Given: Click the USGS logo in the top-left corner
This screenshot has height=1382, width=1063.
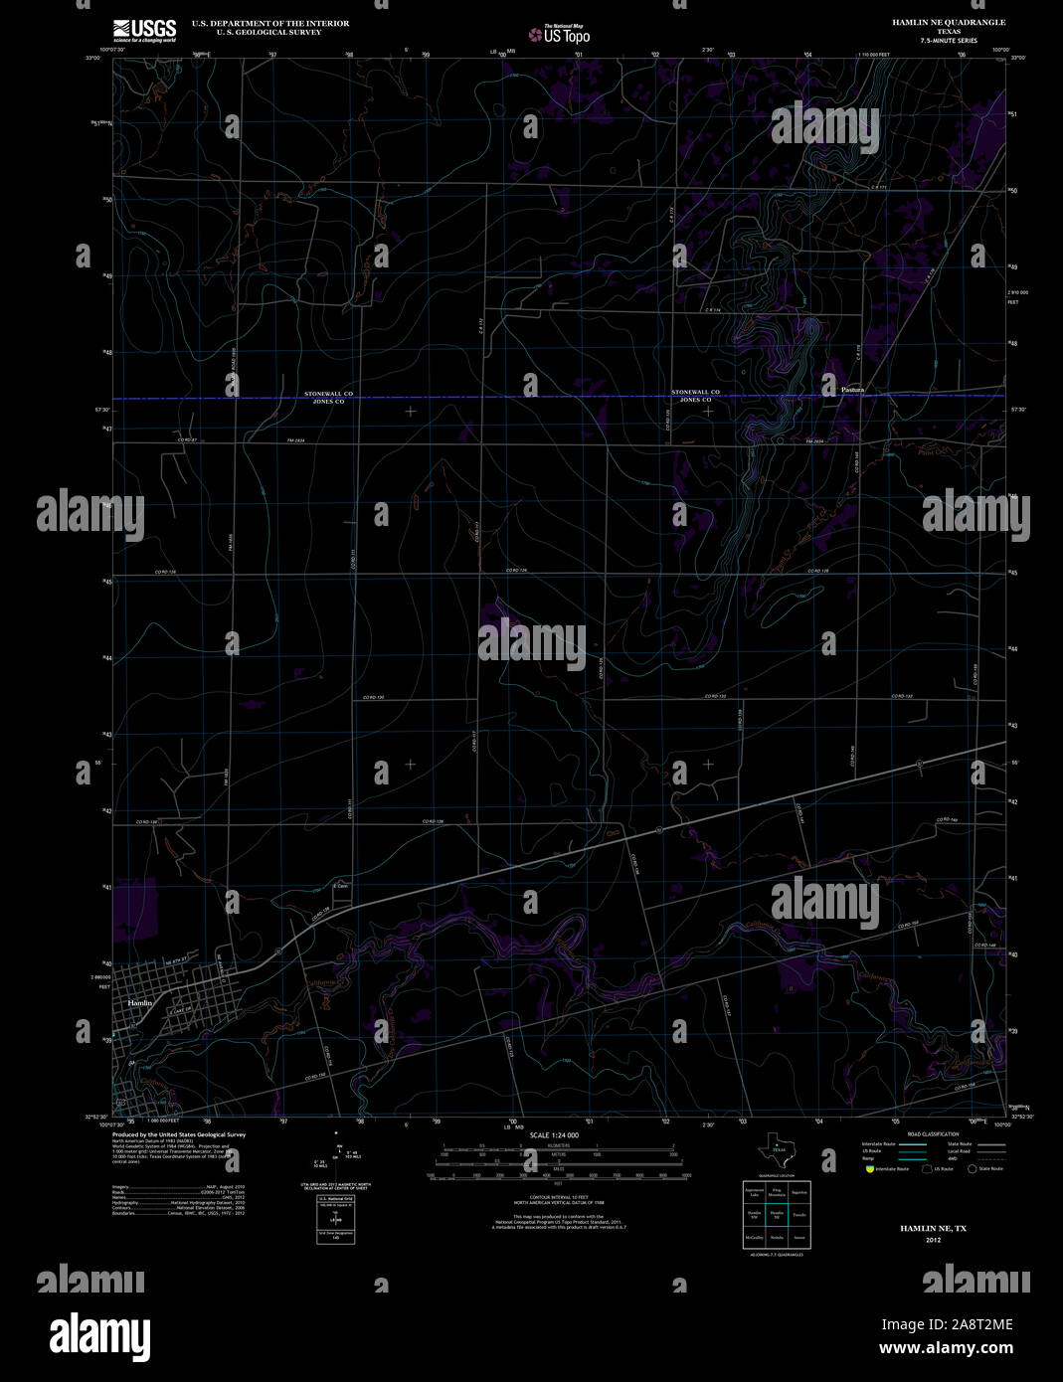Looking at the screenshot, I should [144, 30].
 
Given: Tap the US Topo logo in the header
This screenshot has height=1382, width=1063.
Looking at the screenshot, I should [559, 35].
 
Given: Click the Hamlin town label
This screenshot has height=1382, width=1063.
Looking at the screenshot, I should [140, 1003].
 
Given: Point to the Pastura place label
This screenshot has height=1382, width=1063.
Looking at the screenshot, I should [852, 390].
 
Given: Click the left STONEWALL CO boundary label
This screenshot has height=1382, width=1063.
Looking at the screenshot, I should [328, 394].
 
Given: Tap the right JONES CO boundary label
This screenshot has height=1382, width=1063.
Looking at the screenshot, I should [695, 401].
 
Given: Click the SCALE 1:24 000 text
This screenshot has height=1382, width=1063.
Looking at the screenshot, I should [554, 1134].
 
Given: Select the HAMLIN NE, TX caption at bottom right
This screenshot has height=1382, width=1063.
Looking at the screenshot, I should [933, 1229].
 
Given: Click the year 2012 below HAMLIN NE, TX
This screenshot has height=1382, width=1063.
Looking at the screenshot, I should [933, 1240].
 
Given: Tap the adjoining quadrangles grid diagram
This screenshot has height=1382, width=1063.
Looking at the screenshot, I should [778, 1213].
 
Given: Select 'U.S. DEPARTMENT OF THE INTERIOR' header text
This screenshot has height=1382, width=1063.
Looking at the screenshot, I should [257, 23].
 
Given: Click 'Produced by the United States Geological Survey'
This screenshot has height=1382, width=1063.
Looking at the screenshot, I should [179, 1134].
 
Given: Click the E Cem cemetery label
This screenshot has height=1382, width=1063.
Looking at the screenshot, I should [340, 885].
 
